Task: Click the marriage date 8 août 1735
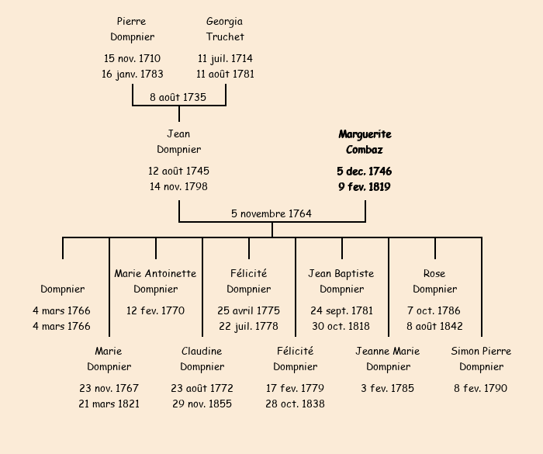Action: point(178,97)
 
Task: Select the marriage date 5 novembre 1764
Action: point(271,213)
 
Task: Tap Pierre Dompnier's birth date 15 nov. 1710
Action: point(132,58)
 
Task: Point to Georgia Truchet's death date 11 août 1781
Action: point(225,75)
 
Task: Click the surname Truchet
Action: point(225,36)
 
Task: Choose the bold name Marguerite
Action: point(365,134)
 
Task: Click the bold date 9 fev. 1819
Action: point(365,187)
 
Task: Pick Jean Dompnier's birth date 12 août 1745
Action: point(178,171)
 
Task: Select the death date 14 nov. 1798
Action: point(178,187)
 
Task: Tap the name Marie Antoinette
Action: point(155,273)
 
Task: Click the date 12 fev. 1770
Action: point(155,310)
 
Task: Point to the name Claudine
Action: point(202,351)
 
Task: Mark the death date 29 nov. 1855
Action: point(202,404)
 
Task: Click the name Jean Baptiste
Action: point(341,273)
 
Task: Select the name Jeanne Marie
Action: point(388,351)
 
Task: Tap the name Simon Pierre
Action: point(481,351)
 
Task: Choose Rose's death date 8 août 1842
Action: point(434,326)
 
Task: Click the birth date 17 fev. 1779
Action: point(295,388)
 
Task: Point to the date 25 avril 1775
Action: point(248,310)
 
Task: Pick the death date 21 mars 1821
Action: point(109,404)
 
